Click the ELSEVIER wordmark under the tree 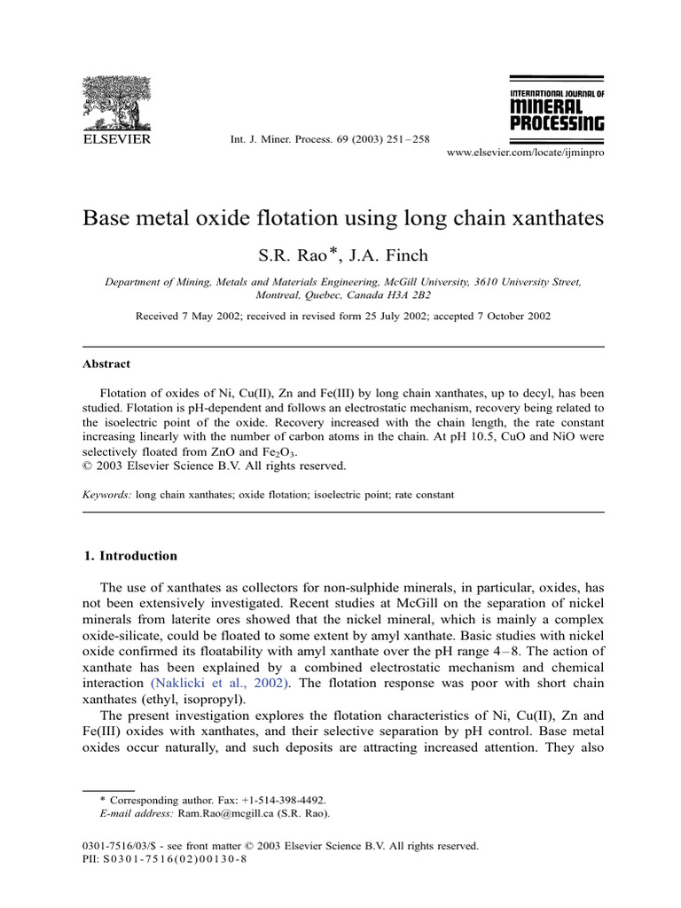pos(116,139)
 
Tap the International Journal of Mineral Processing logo pos(557,111)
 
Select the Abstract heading pos(106,364)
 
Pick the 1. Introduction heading pos(130,556)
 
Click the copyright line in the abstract pos(214,466)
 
